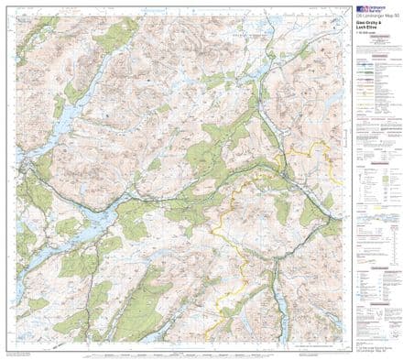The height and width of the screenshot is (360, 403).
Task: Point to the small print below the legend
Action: pos(373,339)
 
